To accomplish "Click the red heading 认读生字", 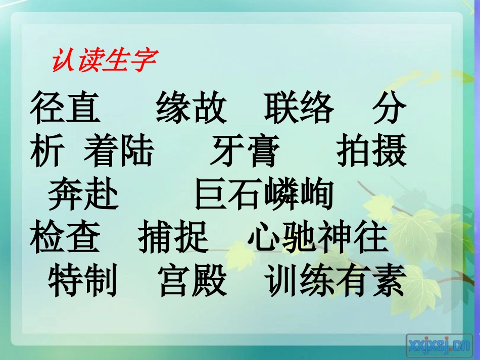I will coord(104,61).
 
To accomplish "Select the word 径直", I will coord(66,108).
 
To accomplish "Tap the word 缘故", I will coord(191,108).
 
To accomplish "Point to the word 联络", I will coord(299,108).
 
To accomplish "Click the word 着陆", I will coord(119,151).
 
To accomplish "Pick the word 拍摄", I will coord(372,151).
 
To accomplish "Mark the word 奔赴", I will coord(83,195).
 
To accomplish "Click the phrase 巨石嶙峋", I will coord(264,195).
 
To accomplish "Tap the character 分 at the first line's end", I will coord(390,108).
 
